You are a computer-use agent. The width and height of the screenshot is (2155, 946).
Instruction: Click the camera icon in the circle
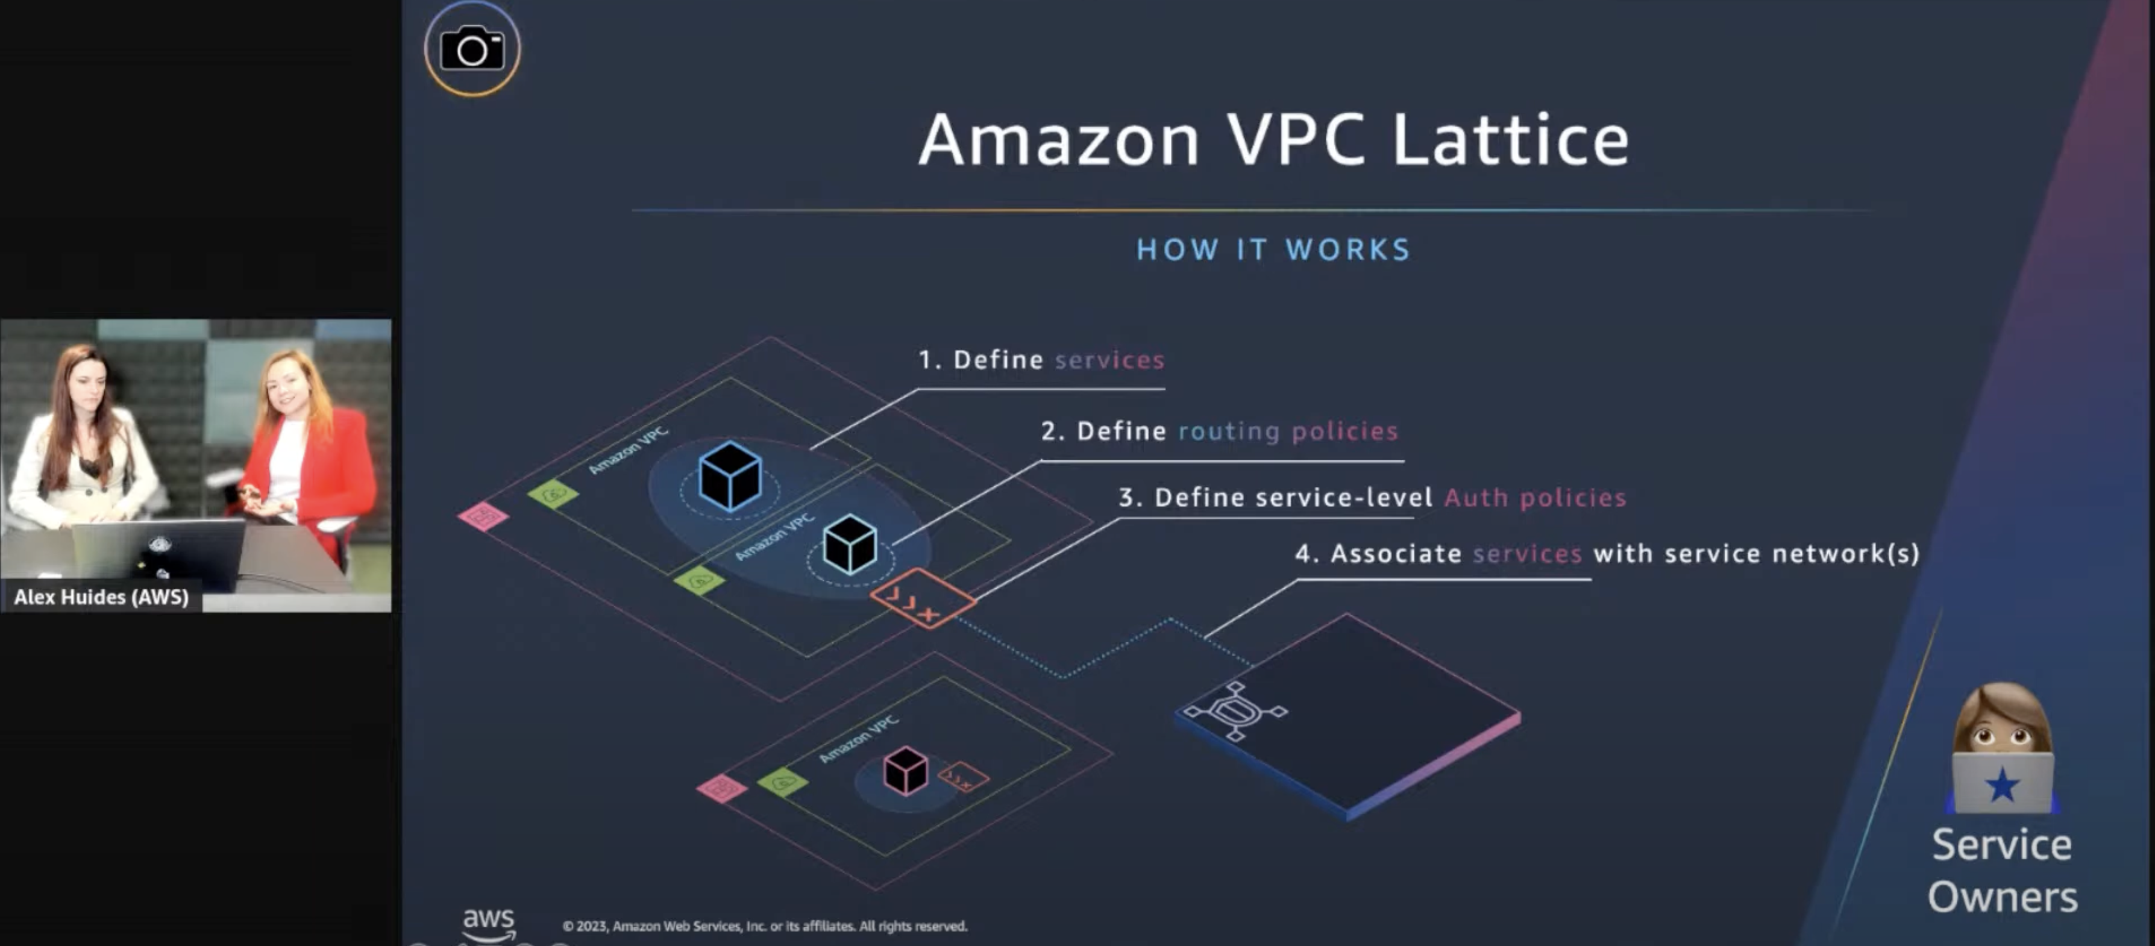tap(472, 49)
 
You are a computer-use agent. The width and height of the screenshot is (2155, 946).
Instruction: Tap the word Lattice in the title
tap(1510, 140)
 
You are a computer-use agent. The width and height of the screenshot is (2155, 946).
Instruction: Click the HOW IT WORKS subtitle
tap(1273, 249)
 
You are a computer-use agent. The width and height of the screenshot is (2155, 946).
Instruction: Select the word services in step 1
tap(1109, 360)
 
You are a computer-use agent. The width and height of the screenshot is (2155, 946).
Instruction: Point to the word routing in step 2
tap(1229, 431)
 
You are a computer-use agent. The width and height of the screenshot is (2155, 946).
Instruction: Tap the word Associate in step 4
tap(1396, 554)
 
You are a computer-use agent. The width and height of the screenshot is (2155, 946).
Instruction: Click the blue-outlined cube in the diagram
tap(730, 476)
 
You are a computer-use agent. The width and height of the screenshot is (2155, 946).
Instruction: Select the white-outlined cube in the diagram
tap(850, 545)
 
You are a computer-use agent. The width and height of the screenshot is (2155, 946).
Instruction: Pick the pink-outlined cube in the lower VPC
tap(905, 770)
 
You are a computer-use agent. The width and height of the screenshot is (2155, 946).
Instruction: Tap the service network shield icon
tap(1235, 711)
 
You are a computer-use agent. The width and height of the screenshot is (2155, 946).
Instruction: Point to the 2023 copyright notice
tap(765, 926)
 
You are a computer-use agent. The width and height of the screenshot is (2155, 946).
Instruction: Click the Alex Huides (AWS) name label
tap(101, 597)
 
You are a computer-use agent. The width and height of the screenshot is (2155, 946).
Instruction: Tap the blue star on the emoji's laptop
tap(2002, 785)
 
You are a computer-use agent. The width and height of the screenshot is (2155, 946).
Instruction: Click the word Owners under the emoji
tap(2002, 897)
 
